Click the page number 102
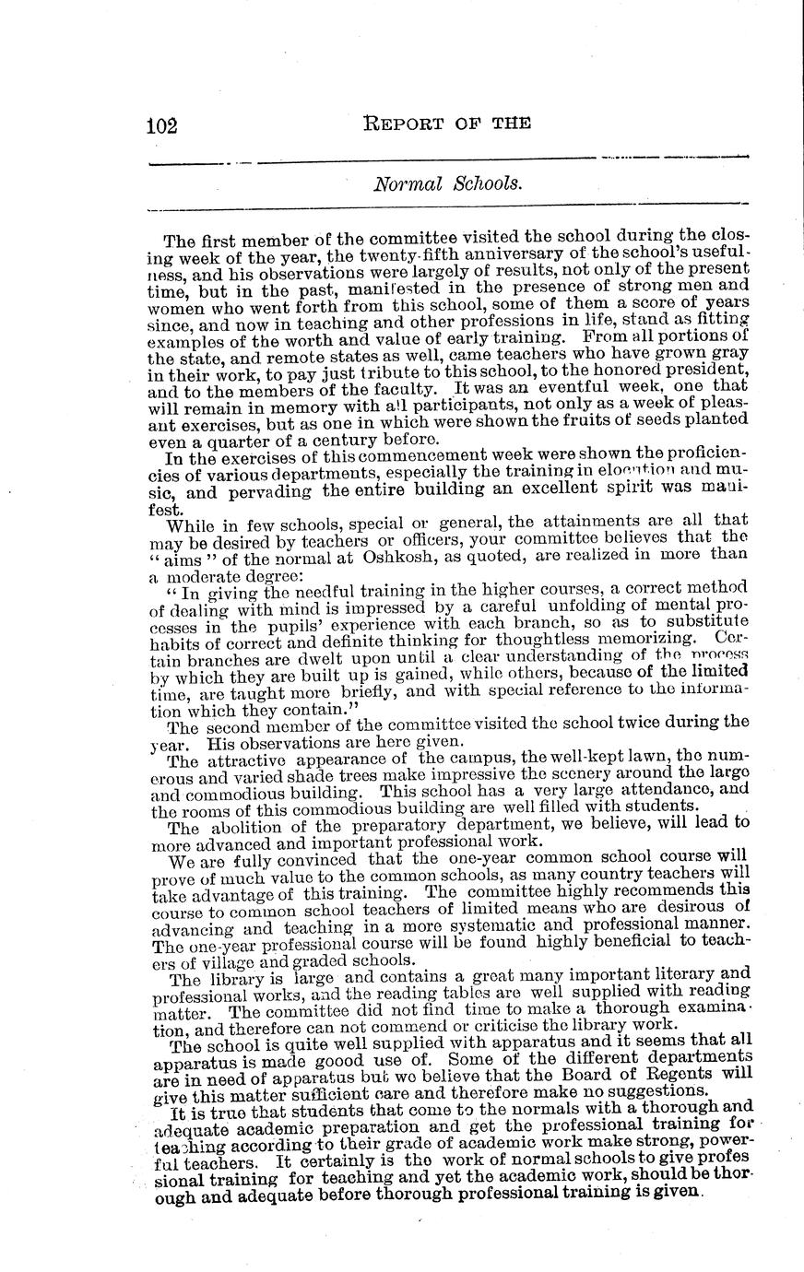tap(162, 125)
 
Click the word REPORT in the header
tap(405, 123)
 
